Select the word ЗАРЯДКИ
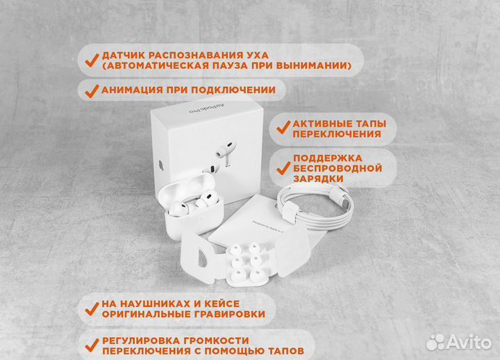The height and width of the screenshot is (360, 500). coord(318,179)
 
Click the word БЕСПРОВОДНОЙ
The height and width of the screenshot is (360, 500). coord(337,167)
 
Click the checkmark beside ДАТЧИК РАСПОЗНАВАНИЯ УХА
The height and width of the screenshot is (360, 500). coord(90,59)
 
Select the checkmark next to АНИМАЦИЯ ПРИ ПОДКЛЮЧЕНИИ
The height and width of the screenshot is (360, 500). coord(90,90)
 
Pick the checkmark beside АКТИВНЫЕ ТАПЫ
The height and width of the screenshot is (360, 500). coord(283,127)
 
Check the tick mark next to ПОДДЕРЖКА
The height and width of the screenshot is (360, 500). coord(283,167)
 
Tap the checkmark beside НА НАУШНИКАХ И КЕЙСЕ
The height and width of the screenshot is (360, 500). coord(90,308)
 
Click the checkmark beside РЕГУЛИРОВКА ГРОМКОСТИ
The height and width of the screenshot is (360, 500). coord(90,345)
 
